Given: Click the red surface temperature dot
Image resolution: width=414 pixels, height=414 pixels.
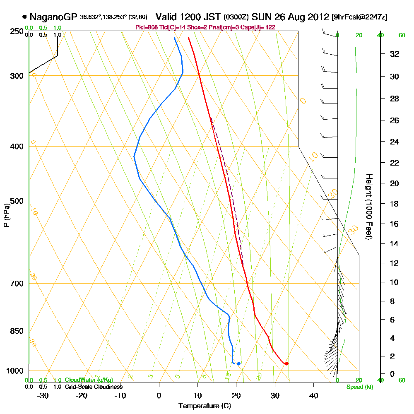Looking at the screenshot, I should pyautogui.click(x=286, y=363).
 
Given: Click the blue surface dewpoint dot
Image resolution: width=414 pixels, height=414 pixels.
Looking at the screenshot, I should pyautogui.click(x=238, y=363).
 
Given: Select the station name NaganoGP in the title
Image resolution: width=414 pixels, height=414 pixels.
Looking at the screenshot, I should pyautogui.click(x=53, y=17).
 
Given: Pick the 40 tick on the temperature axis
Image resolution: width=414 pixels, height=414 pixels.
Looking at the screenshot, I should pyautogui.click(x=313, y=395).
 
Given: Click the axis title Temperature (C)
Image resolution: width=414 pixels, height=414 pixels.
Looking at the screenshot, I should pyautogui.click(x=205, y=406).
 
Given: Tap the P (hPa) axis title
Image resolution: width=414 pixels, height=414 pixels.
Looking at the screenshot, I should pyautogui.click(x=7, y=215).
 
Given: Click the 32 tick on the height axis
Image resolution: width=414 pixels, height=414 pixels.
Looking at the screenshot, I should pyautogui.click(x=395, y=54).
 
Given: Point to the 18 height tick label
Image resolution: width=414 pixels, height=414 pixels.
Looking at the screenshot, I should pyautogui.click(x=395, y=204).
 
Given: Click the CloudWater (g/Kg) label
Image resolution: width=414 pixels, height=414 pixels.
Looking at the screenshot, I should pyautogui.click(x=89, y=380).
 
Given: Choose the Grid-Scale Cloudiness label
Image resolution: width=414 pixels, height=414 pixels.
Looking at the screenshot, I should pyautogui.click(x=93, y=387).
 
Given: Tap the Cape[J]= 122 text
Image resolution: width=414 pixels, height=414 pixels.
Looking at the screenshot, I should pyautogui.click(x=260, y=27).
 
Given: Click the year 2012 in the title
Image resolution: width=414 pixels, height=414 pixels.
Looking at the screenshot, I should pyautogui.click(x=317, y=17).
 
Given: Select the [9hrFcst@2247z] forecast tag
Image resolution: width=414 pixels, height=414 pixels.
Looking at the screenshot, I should pyautogui.click(x=360, y=17).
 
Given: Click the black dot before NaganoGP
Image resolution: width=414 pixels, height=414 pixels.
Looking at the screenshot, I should pyautogui.click(x=24, y=17).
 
